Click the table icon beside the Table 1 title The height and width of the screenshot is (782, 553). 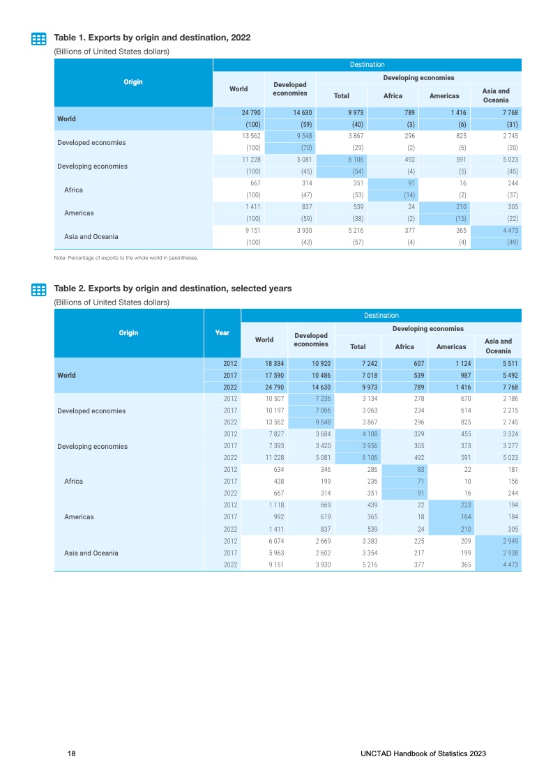(39, 39)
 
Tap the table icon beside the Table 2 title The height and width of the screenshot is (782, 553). (39, 290)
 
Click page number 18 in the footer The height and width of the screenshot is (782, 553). (71, 754)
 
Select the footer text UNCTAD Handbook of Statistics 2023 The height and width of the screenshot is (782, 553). (423, 754)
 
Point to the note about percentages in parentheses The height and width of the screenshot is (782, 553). (126, 258)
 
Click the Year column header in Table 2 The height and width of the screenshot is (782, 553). (222, 333)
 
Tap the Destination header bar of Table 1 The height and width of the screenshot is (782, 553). (367, 65)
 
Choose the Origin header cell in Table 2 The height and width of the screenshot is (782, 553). (128, 333)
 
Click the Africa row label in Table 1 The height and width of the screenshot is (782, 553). (74, 190)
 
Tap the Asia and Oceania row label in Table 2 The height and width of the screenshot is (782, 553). (91, 553)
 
